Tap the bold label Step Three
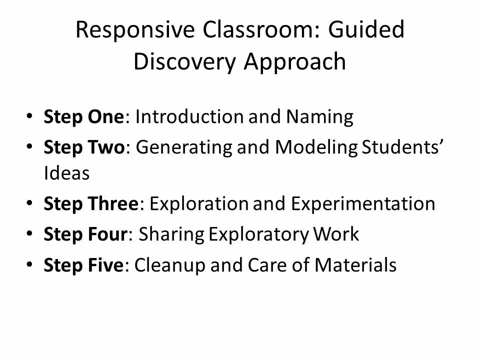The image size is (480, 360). (x=90, y=203)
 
